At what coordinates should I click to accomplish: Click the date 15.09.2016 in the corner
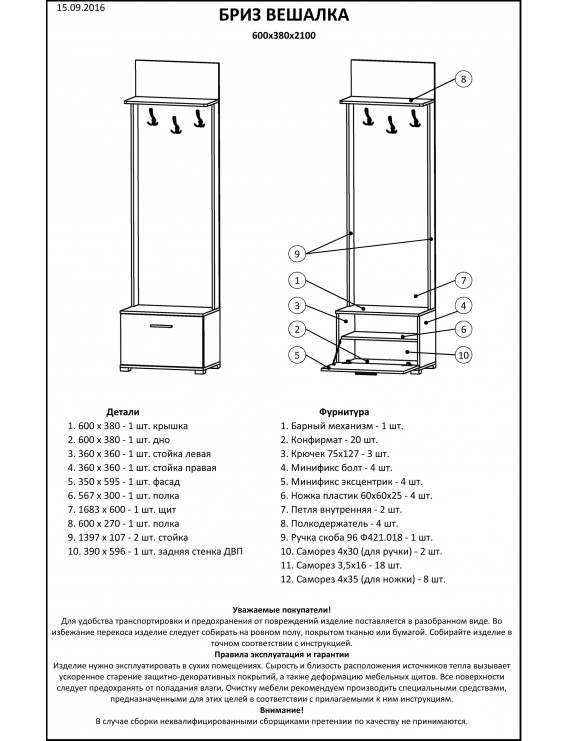click(81, 8)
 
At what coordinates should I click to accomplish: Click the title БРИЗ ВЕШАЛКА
click(284, 15)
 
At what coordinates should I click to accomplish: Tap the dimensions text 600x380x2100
click(284, 35)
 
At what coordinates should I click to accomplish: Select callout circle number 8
click(463, 79)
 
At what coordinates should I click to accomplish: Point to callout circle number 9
click(297, 254)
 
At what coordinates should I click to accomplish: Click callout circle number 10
click(463, 355)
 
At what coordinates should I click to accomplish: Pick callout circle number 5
click(297, 355)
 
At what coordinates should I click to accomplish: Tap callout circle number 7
click(463, 280)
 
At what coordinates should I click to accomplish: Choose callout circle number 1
click(297, 280)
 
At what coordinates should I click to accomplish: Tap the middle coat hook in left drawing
click(175, 126)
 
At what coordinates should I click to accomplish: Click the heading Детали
click(123, 412)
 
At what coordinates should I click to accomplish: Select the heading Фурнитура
click(344, 412)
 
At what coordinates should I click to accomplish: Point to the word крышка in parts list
click(170, 426)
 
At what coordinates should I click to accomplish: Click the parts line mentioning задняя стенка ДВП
click(155, 551)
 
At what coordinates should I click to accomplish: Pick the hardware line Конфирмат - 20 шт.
click(329, 440)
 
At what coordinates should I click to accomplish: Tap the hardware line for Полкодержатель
click(339, 524)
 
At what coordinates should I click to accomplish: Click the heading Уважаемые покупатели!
click(282, 610)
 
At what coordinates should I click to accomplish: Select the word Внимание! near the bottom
click(282, 710)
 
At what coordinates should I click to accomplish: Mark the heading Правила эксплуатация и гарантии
click(282, 655)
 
